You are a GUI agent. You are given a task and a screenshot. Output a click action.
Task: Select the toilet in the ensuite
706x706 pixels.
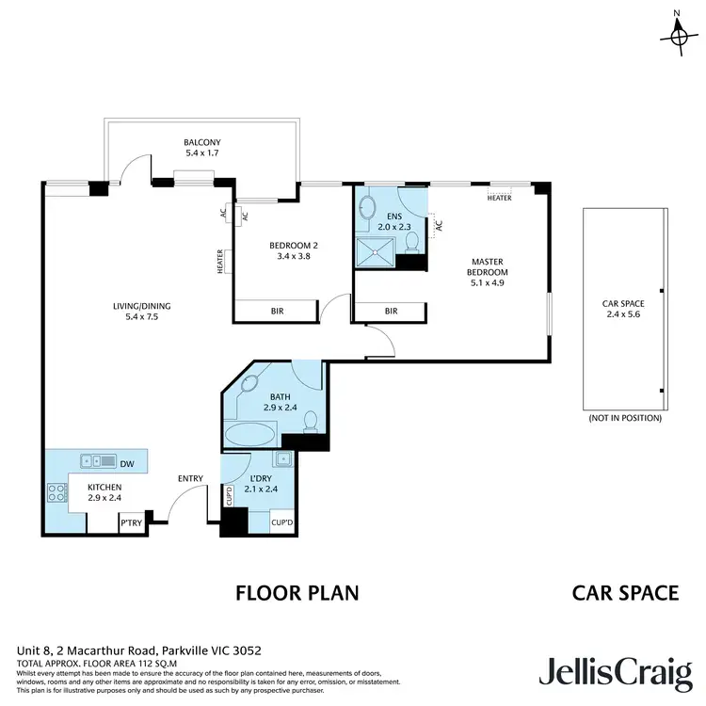point(411,244)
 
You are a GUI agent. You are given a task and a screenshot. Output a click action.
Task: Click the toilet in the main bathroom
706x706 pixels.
point(311,423)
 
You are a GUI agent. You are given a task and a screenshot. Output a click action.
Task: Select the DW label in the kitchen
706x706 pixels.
point(126,462)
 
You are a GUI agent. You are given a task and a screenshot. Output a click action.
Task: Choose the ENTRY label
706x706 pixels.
point(190,479)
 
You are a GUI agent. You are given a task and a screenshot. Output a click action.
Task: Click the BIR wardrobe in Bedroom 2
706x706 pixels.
point(277,311)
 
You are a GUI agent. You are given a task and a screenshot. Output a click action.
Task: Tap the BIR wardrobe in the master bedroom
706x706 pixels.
point(391,311)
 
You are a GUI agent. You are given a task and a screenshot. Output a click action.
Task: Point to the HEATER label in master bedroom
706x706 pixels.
point(499,199)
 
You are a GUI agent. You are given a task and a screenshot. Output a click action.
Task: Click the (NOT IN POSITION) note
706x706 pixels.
point(624,417)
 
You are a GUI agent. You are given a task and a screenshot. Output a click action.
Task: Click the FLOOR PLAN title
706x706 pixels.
point(297,593)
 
